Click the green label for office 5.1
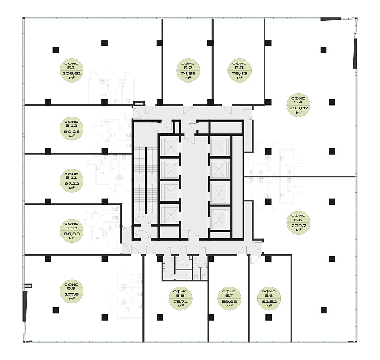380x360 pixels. [x=70, y=70]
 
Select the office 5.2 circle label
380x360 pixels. [x=188, y=70]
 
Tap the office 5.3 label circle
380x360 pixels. [x=239, y=70]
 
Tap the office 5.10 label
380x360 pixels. [x=70, y=230]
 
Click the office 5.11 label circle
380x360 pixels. [x=70, y=181]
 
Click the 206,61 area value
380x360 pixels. [x=70, y=73]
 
